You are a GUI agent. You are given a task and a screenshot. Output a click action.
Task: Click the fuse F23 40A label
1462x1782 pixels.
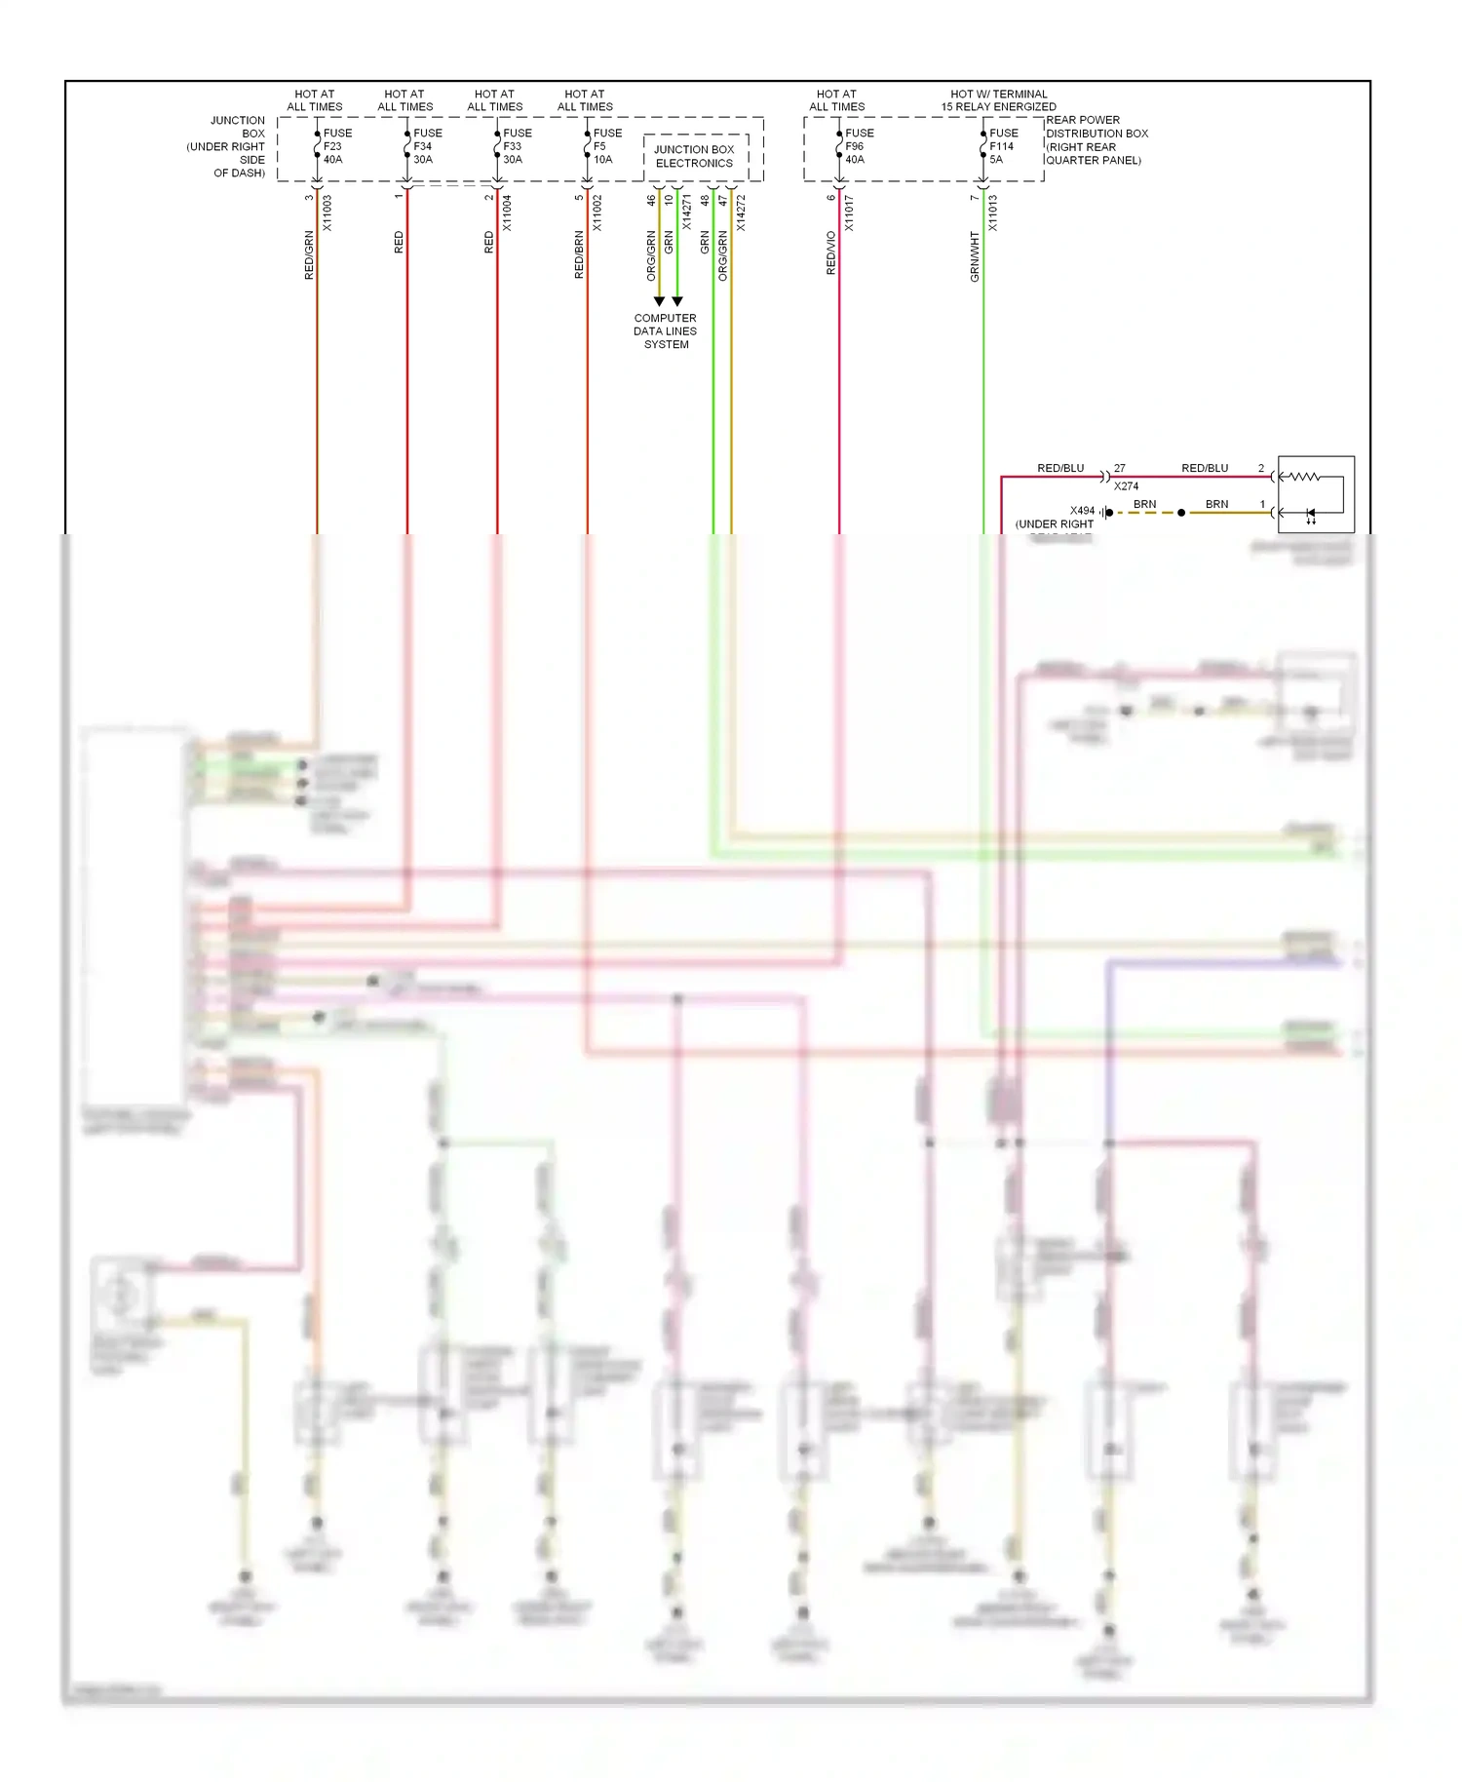(x=336, y=146)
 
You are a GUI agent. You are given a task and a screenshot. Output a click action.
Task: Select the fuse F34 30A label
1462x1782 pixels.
(x=426, y=146)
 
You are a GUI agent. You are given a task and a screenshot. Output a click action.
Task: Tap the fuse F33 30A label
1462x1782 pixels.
(x=516, y=146)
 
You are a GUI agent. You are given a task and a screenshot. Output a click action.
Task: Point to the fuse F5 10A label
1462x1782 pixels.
(x=606, y=146)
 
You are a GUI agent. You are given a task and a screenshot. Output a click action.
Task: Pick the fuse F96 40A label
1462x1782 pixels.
(x=858, y=146)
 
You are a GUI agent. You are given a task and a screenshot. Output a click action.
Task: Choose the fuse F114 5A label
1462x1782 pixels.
(x=1002, y=146)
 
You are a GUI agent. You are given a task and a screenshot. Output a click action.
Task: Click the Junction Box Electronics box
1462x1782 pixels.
(x=695, y=157)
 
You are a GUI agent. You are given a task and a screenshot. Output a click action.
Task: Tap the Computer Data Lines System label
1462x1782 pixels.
(x=666, y=331)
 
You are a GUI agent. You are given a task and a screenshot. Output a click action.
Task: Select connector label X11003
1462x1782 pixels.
(x=327, y=213)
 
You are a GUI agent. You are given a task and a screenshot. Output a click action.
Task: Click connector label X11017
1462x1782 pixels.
(x=849, y=213)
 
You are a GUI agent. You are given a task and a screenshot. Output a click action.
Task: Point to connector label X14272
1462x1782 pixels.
(x=741, y=213)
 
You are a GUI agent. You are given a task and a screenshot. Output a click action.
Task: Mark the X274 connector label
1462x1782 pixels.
(x=1126, y=485)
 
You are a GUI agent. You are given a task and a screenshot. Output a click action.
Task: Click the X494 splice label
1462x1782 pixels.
(x=1082, y=511)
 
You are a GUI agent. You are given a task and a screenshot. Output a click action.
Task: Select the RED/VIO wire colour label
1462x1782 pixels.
(x=831, y=252)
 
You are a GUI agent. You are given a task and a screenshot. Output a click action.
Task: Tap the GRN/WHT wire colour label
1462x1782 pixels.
(x=975, y=257)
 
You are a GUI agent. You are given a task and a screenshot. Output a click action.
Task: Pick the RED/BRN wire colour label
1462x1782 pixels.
(x=579, y=255)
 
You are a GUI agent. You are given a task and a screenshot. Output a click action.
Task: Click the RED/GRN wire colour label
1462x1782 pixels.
(x=309, y=255)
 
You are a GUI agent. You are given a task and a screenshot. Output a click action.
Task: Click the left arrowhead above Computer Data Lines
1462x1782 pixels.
(x=659, y=301)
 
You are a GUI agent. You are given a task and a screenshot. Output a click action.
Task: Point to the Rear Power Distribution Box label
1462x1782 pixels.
(x=1096, y=140)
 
